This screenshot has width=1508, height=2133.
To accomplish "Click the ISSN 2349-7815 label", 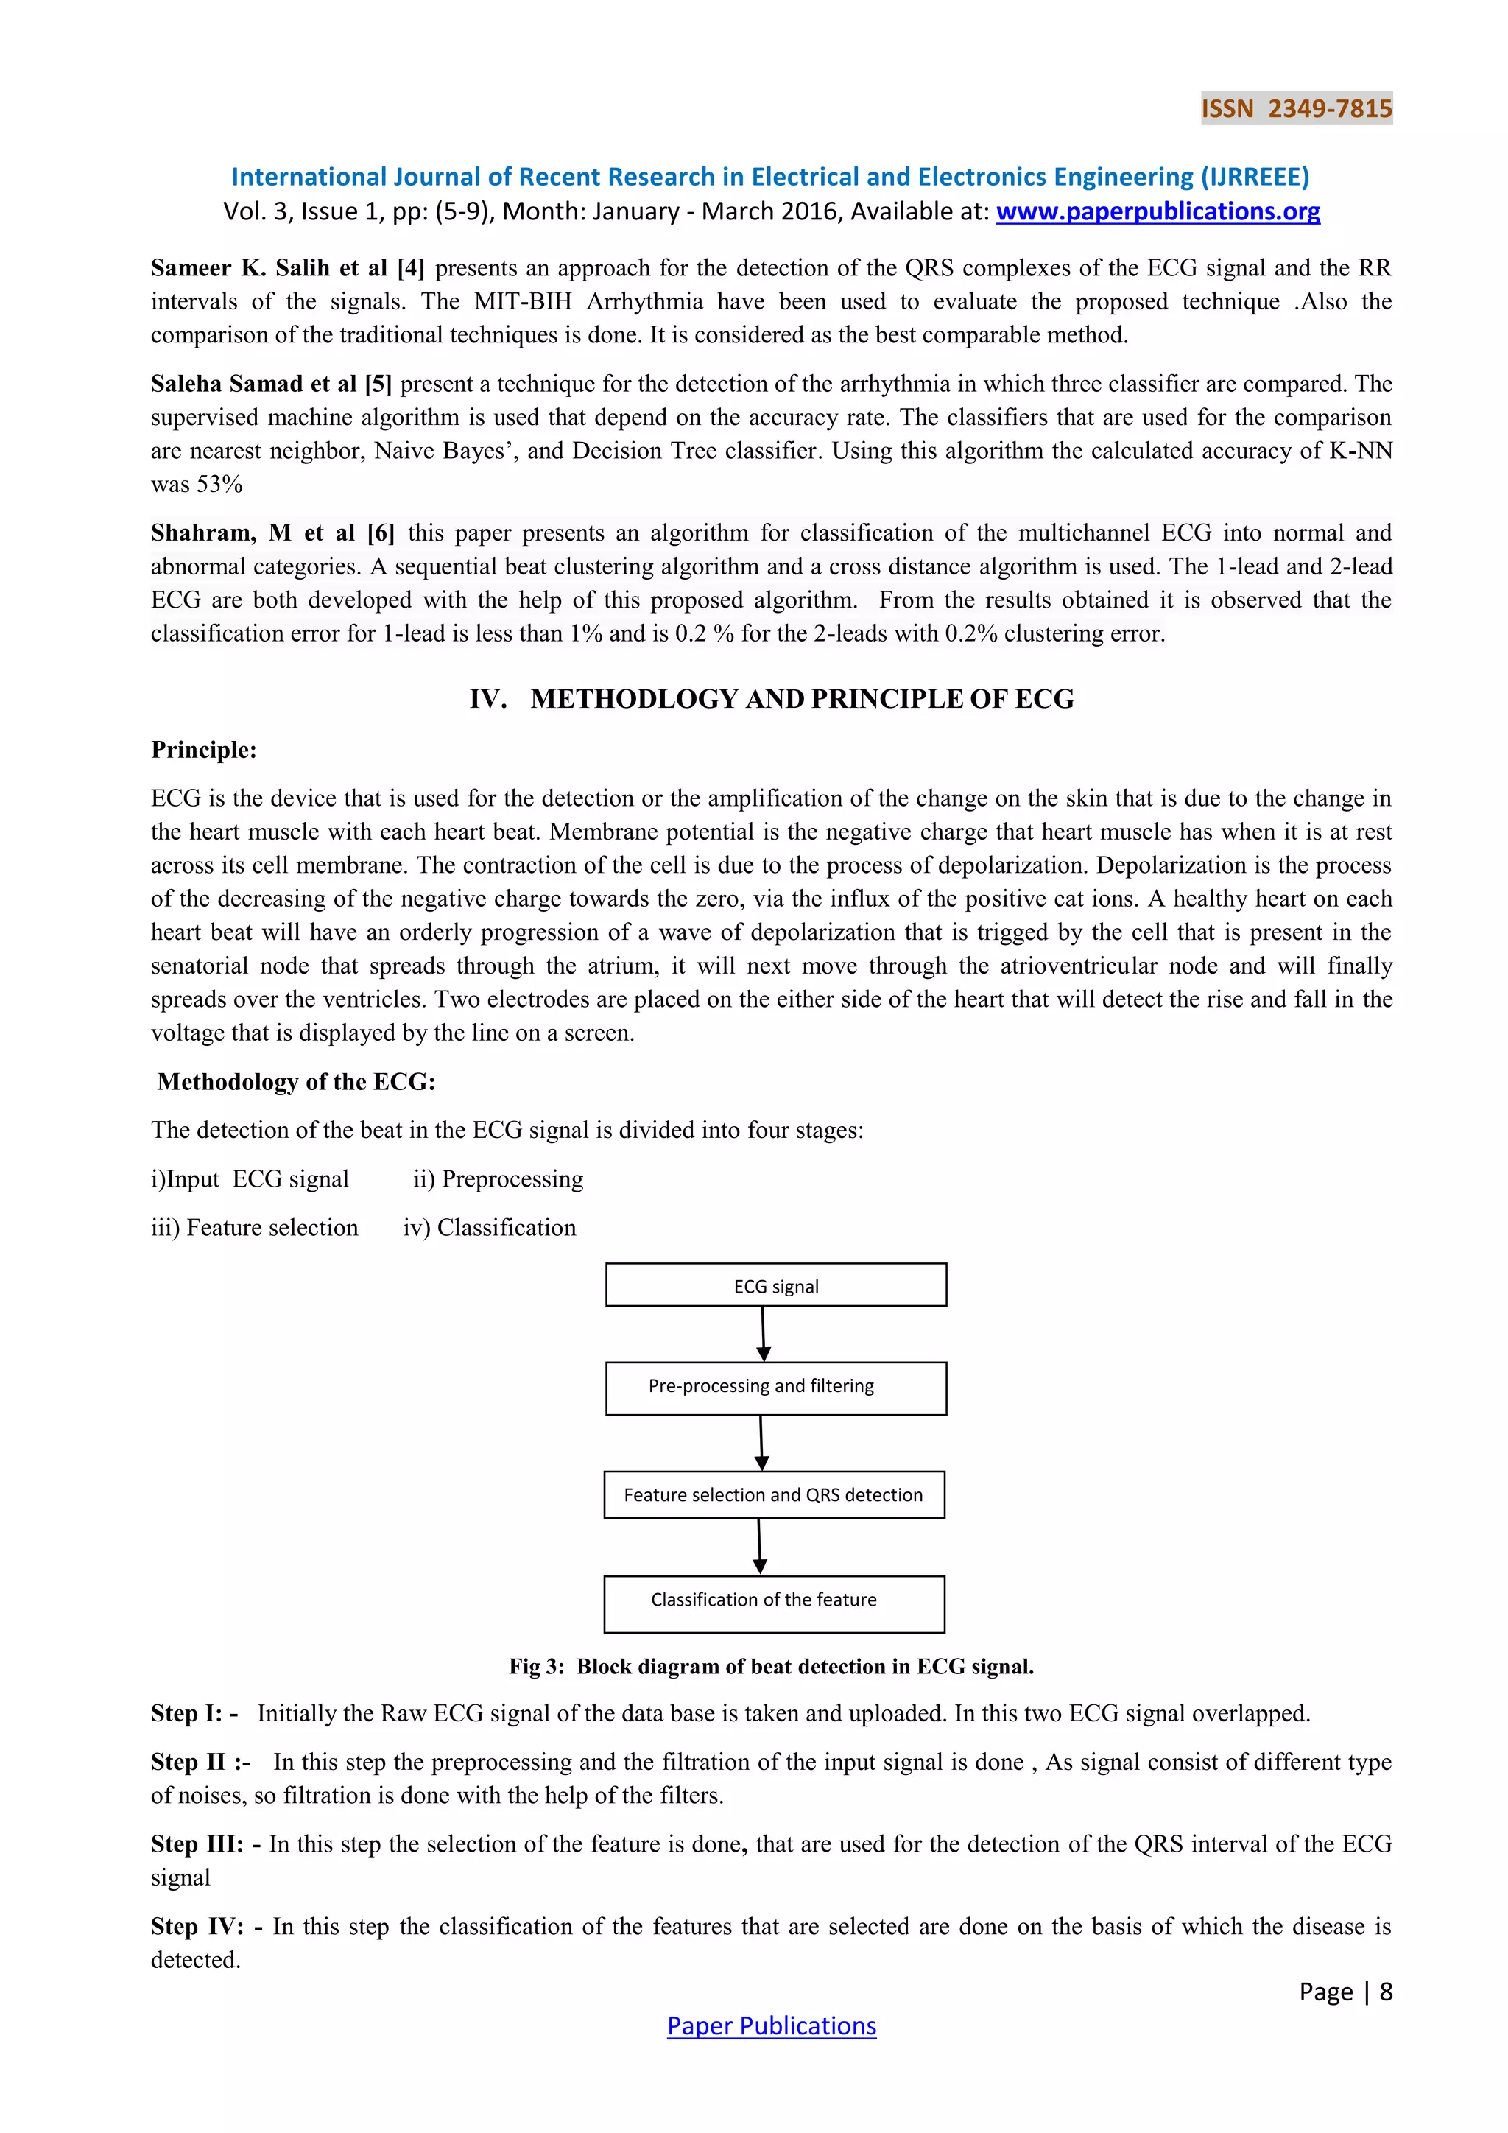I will click(x=1296, y=109).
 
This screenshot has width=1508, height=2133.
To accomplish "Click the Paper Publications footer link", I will click(x=771, y=2025).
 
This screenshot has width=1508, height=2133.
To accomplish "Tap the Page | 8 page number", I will click(x=1345, y=1991).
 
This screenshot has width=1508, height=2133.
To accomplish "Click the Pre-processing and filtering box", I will click(x=775, y=1388).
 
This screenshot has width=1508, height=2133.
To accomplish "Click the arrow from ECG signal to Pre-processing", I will click(x=764, y=1334).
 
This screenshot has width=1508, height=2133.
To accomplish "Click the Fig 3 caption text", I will click(x=771, y=1667).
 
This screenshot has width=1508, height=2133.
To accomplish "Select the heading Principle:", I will click(x=203, y=750).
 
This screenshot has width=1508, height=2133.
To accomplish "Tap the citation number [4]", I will click(x=410, y=269).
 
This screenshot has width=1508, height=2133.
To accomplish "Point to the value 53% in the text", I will click(x=219, y=484).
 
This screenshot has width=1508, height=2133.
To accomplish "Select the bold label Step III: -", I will click(x=205, y=1844).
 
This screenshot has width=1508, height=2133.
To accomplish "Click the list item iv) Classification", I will click(x=490, y=1227).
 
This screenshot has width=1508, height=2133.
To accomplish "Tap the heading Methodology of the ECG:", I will click(x=295, y=1081).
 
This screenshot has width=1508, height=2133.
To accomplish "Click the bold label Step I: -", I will click(x=194, y=1713).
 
